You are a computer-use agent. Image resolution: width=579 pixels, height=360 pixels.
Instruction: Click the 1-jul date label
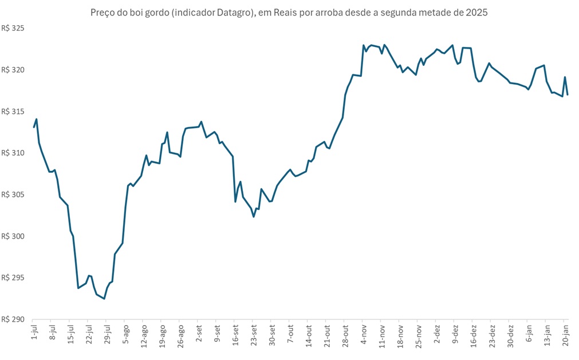[x=33, y=333]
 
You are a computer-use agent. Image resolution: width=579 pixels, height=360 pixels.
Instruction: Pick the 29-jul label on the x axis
[x=107, y=334]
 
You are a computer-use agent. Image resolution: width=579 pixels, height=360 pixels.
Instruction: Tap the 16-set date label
[x=235, y=334]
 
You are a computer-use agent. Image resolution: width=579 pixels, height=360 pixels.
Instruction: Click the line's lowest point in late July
[x=104, y=298]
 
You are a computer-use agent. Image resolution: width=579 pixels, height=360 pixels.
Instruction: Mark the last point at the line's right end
[x=568, y=94]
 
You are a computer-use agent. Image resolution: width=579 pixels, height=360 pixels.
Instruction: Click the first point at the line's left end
[x=34, y=127]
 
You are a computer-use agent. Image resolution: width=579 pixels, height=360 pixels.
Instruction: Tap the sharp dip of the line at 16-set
[x=235, y=201]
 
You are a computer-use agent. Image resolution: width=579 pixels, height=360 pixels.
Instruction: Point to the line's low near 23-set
[x=254, y=216]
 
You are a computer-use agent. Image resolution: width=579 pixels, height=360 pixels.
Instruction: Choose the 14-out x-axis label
[x=309, y=334]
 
